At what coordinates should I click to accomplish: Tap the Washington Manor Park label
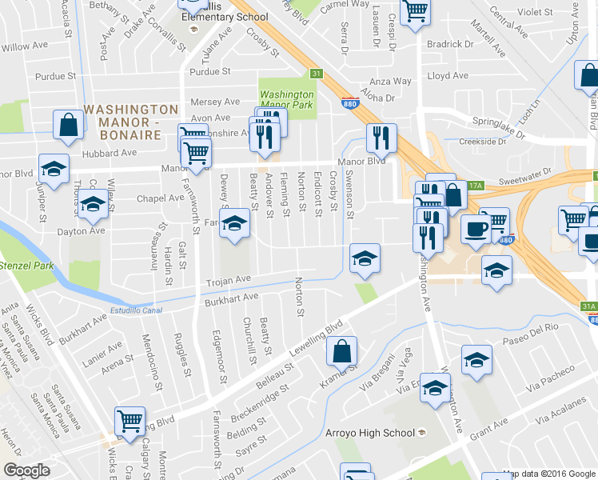(287, 100)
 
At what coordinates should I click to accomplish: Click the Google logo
(26, 470)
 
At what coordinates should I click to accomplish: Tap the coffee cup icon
(476, 229)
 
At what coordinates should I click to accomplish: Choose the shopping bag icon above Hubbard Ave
(69, 125)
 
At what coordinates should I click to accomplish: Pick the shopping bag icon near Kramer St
(341, 351)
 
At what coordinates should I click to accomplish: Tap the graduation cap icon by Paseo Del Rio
(476, 360)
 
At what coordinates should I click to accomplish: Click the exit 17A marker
(476, 185)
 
